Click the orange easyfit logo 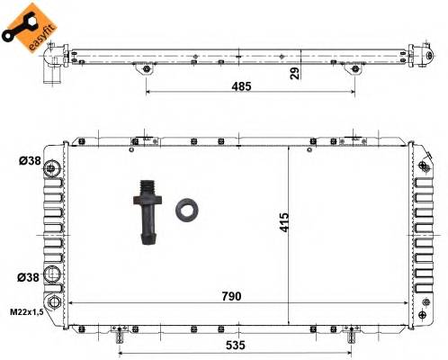(x=24, y=24)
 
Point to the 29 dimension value (x=294, y=73)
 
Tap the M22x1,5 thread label (x=28, y=311)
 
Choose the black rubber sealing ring (x=188, y=209)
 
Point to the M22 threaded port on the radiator (x=57, y=303)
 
